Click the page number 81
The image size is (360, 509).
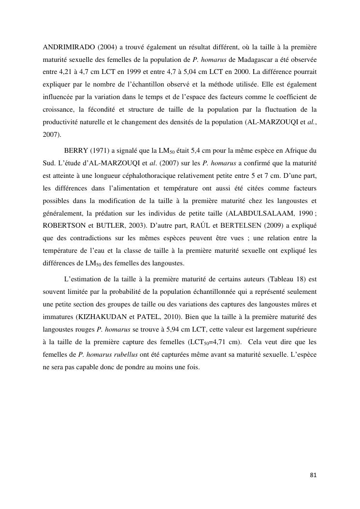tap(313, 475)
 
